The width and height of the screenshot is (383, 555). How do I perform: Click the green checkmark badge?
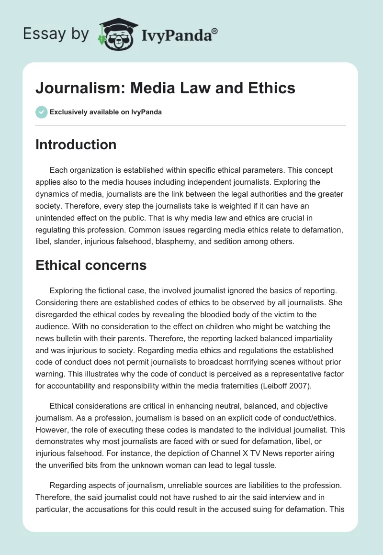pyautogui.click(x=41, y=112)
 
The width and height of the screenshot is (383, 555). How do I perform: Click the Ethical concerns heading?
pyautogui.click(x=91, y=265)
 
